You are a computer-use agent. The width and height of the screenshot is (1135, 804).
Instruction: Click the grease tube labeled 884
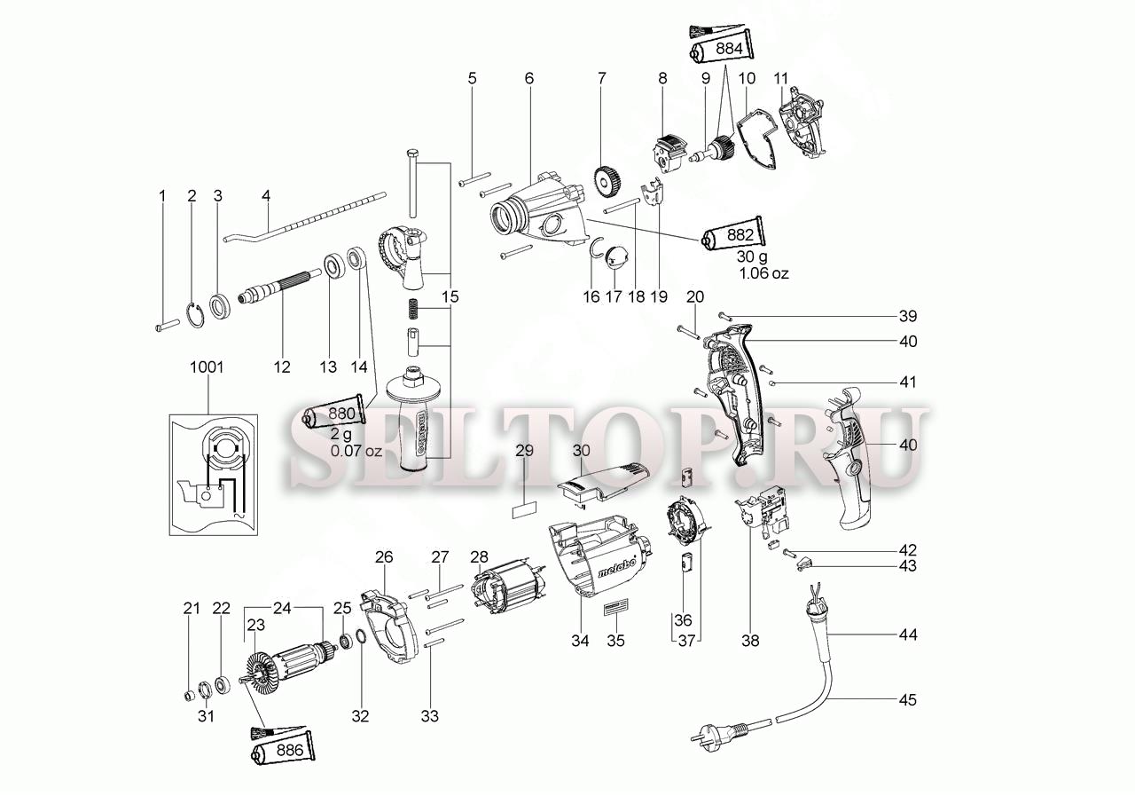point(721,50)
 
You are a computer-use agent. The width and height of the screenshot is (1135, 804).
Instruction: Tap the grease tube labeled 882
point(732,235)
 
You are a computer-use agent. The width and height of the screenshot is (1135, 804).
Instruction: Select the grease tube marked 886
point(283,750)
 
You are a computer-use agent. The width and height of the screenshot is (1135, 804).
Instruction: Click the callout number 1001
point(207,367)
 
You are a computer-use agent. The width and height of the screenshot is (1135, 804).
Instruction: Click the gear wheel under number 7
point(608,183)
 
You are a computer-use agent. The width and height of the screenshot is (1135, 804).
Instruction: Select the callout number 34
point(580,641)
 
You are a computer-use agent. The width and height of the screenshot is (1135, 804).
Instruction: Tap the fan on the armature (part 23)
point(264,674)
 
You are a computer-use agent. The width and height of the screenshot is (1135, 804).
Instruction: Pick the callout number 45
point(908,700)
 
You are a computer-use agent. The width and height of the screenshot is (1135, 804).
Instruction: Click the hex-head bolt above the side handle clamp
point(411,184)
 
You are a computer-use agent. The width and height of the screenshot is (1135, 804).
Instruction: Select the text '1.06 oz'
point(763,273)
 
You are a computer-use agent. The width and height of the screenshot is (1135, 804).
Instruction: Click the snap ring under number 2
point(196,315)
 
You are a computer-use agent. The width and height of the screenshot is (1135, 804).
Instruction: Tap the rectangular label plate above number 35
point(615,607)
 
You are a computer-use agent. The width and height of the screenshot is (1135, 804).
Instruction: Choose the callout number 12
point(282,367)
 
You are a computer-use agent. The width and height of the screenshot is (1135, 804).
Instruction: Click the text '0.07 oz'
point(356,451)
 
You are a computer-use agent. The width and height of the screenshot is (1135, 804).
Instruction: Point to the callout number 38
point(750,641)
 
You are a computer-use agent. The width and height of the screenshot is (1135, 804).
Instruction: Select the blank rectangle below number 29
point(524,511)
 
